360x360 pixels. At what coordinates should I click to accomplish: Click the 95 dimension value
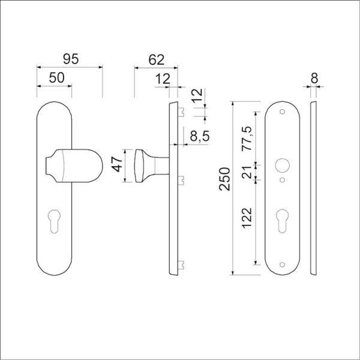tap(71, 59)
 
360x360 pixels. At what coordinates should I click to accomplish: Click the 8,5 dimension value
tap(199, 137)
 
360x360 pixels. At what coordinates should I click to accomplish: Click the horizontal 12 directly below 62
tap(163, 78)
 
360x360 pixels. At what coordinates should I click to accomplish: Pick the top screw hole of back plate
tap(283, 112)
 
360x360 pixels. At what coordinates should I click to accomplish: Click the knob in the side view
tap(147, 165)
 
